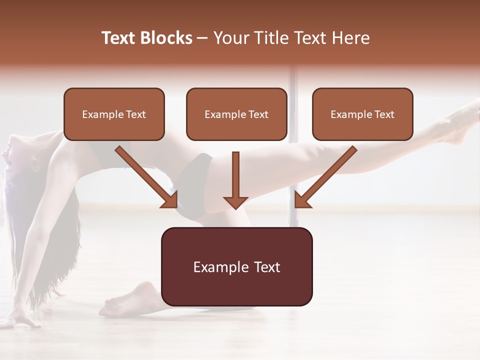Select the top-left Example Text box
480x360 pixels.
(114, 114)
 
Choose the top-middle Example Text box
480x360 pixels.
(236, 114)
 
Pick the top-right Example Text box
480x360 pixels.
(362, 114)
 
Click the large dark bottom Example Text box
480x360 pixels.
(237, 266)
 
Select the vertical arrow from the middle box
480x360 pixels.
(235, 180)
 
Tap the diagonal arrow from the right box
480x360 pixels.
(325, 177)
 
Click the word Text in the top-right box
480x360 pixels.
(384, 114)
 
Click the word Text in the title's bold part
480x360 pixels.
(119, 38)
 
